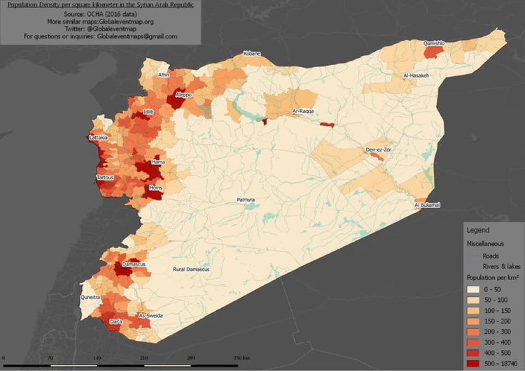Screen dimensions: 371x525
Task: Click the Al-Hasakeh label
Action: pos(421,75)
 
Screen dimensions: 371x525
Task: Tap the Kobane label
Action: pos(251,54)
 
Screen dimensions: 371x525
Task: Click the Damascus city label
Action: pos(133,265)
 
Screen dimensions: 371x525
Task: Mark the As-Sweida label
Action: pos(150,316)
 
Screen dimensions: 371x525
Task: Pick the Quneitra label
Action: pos(92,296)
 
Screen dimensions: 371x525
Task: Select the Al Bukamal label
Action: pos(428,205)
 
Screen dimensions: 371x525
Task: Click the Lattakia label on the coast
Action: pos(99,138)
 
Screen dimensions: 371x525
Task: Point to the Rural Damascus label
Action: pos(191,269)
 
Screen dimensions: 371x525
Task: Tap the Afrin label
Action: pos(164,74)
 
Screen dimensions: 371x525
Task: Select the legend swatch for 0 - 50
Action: pos(475,288)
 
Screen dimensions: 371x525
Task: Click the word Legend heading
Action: pos(479,230)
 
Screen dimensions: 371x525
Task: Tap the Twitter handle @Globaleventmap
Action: pos(98,28)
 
